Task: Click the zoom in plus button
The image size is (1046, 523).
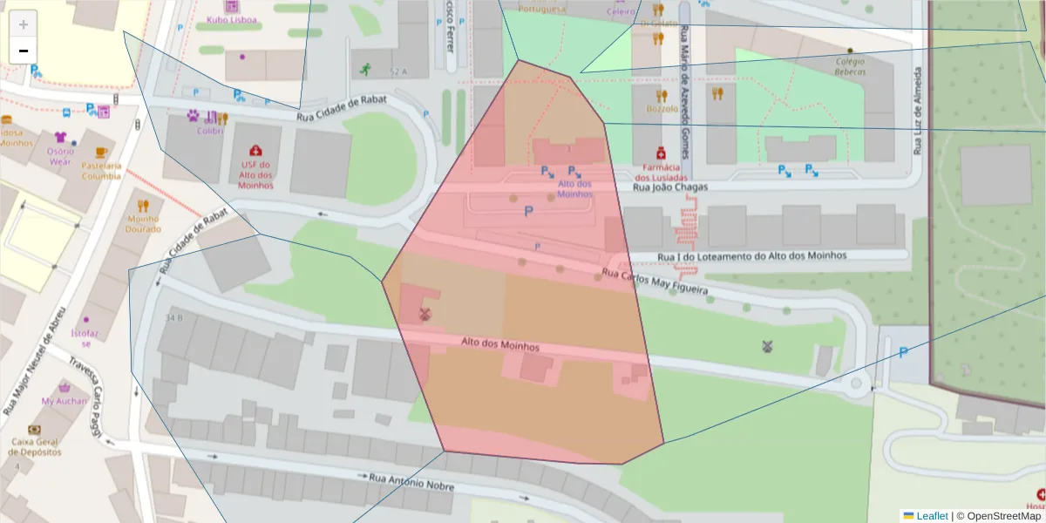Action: [x=23, y=24]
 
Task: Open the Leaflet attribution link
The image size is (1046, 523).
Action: [x=931, y=516]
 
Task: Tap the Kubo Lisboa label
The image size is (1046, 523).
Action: [x=231, y=19]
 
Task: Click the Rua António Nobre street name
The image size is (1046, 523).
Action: [x=411, y=482]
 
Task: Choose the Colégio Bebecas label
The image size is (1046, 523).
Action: [x=850, y=66]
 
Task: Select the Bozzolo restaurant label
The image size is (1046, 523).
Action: [x=662, y=109]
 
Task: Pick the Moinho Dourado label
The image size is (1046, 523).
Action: [x=143, y=224]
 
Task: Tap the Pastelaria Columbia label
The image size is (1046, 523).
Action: [x=101, y=170]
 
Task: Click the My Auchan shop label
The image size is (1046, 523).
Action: [x=65, y=401]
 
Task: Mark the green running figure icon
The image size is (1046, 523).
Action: [x=363, y=69]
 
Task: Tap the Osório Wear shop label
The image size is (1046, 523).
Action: [x=60, y=156]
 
